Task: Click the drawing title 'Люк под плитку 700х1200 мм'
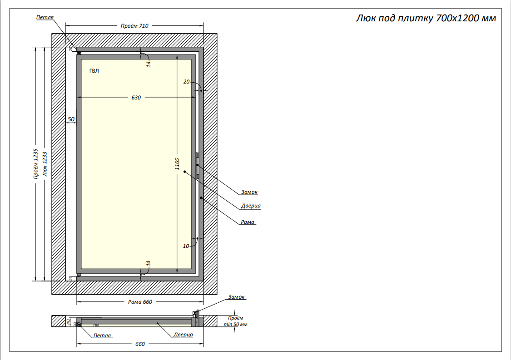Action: pyautogui.click(x=425, y=19)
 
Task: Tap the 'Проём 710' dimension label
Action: pyautogui.click(x=134, y=26)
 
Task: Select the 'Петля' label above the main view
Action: pyautogui.click(x=45, y=17)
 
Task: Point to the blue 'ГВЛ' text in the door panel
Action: pyautogui.click(x=94, y=71)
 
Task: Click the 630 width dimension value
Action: pyautogui.click(x=136, y=98)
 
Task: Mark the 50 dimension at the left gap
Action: pyautogui.click(x=71, y=119)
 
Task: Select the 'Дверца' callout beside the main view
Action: pyautogui.click(x=251, y=206)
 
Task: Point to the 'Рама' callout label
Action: pyautogui.click(x=248, y=222)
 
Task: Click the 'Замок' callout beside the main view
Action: pyautogui.click(x=249, y=192)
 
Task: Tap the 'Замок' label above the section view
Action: pyautogui.click(x=237, y=297)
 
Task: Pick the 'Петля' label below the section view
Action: pyautogui.click(x=102, y=335)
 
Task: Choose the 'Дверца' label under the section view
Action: pyautogui.click(x=183, y=335)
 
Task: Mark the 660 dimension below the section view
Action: pyautogui.click(x=140, y=344)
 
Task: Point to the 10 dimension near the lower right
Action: pyautogui.click(x=186, y=246)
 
